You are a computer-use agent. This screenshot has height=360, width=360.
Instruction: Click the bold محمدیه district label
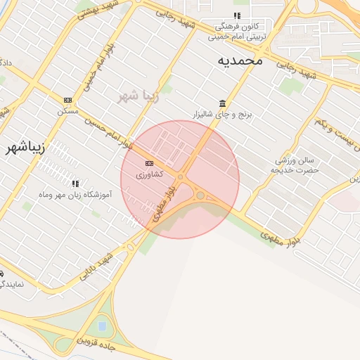click(239, 60)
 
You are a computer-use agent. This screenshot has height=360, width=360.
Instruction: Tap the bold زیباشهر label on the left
click(25, 148)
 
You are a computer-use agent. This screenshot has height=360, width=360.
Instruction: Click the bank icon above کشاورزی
click(148, 164)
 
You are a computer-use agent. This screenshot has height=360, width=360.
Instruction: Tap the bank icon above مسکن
click(67, 101)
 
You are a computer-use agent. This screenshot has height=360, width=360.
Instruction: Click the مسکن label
click(67, 111)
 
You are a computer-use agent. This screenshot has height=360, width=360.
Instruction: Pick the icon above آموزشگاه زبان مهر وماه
click(75, 184)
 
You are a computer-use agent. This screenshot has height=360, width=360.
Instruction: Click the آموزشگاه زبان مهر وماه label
click(75, 193)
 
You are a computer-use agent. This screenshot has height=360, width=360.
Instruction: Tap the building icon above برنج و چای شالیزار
click(222, 103)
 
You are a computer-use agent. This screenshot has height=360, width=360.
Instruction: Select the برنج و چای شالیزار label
click(222, 113)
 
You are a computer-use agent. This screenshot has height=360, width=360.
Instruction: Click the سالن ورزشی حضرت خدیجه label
click(297, 165)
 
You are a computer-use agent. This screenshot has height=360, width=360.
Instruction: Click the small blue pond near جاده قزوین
click(103, 326)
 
